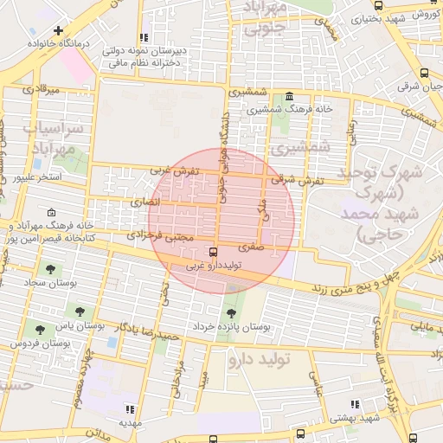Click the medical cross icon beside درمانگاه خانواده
click(x=58, y=30)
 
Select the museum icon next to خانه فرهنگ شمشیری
click(x=287, y=97)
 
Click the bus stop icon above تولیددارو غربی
click(x=214, y=252)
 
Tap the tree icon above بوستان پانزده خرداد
click(x=230, y=313)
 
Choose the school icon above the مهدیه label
click(x=130, y=409)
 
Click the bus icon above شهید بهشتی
click(x=354, y=404)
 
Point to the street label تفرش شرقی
click(x=297, y=180)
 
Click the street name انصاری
click(x=146, y=202)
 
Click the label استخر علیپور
click(x=38, y=177)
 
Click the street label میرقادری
click(x=40, y=88)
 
